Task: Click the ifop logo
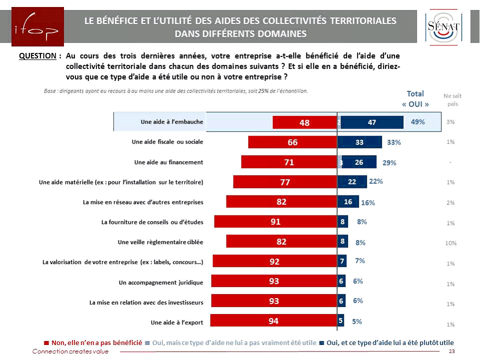click(x=32, y=26)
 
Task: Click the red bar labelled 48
click(x=304, y=122)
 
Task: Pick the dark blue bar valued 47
click(x=372, y=122)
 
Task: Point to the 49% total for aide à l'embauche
click(x=418, y=122)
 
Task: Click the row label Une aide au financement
click(x=168, y=162)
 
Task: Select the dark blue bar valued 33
click(x=359, y=142)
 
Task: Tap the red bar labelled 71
click(x=289, y=162)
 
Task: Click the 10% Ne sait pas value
click(x=450, y=243)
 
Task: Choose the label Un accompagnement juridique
click(x=161, y=282)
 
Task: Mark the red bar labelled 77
click(x=285, y=182)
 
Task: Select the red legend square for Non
click(x=46, y=342)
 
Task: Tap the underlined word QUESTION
click(x=37, y=56)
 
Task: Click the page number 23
click(x=452, y=352)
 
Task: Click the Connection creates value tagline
click(x=70, y=352)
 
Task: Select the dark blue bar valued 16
click(x=347, y=202)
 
